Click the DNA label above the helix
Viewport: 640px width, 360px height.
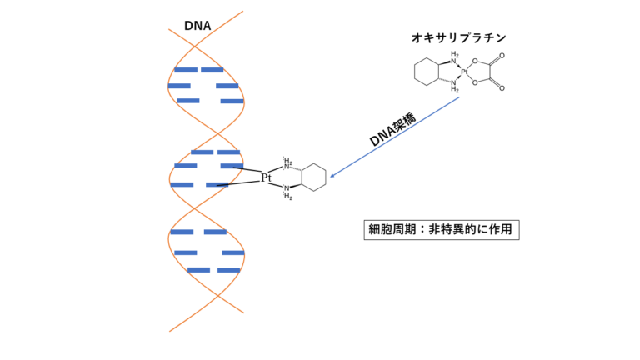tap(197, 26)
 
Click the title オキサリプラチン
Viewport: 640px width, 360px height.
tap(457, 37)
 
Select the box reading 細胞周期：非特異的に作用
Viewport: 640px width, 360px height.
tap(442, 229)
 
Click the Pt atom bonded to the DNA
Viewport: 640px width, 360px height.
tap(267, 177)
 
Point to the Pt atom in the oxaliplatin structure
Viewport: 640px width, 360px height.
tap(465, 72)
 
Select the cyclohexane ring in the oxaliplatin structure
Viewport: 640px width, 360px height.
tap(426, 72)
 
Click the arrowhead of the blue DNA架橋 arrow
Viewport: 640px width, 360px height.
tap(332, 176)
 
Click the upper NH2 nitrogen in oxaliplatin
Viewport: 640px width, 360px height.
tap(454, 61)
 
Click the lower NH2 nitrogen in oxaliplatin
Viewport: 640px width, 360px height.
tap(454, 82)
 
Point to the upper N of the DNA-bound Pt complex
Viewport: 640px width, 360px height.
tap(287, 166)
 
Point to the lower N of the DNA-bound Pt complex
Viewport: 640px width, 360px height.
tap(287, 189)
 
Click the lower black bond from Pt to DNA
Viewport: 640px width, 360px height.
tap(242, 182)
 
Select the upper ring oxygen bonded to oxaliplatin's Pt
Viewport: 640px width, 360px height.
tap(475, 61)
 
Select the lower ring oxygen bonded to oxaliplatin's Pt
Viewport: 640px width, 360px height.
tap(475, 82)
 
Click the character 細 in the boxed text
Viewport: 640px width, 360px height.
tap(375, 229)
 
